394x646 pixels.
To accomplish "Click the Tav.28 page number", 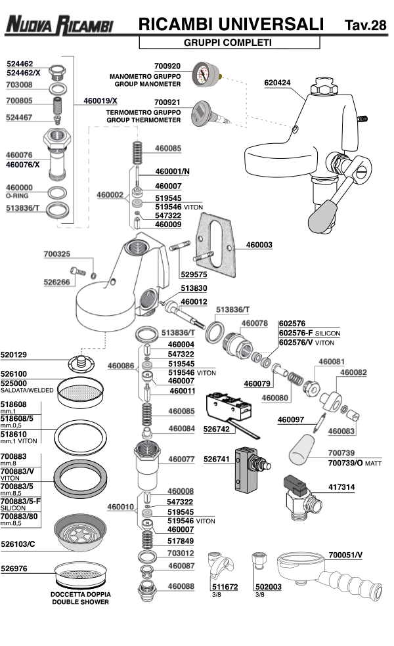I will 365,26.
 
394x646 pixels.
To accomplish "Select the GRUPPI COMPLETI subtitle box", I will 229,43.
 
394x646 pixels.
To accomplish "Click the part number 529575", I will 195,274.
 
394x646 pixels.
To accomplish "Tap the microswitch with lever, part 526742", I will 226,406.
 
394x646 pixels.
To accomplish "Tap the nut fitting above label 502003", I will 258,563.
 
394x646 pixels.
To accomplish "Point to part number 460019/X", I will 101,100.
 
